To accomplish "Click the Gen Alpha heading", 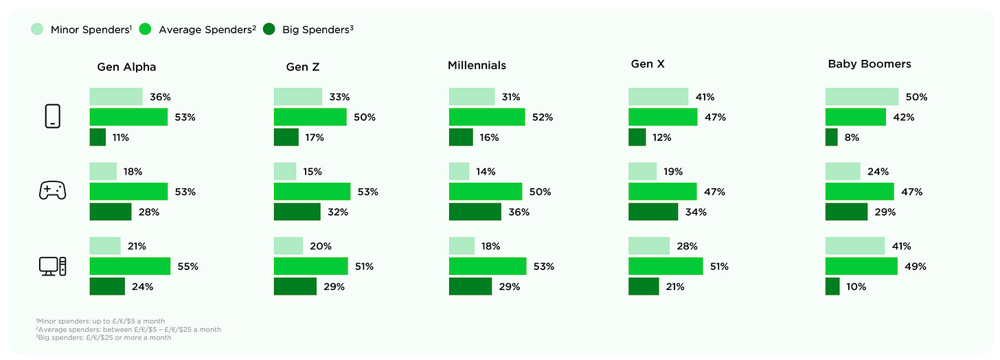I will (126, 67).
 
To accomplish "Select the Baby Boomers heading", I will (869, 64).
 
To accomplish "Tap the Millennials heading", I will (477, 65).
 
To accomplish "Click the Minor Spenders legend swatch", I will (37, 30).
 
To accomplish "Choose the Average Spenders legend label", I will (207, 30).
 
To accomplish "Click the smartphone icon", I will (52, 117).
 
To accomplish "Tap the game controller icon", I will (52, 192).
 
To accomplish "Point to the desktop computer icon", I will (52, 266).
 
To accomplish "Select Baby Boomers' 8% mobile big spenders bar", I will (831, 137).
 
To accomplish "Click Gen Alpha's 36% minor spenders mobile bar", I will (115, 97).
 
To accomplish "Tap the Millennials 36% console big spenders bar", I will (475, 212).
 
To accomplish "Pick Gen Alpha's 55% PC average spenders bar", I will (130, 266).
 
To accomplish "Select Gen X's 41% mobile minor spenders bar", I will (658, 97).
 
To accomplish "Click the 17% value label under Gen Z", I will (315, 137).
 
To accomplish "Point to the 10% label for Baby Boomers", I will (856, 286).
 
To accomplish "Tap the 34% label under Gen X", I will (696, 212).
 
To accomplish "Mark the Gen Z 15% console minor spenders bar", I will (285, 171).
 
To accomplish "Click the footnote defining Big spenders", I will (103, 337).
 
